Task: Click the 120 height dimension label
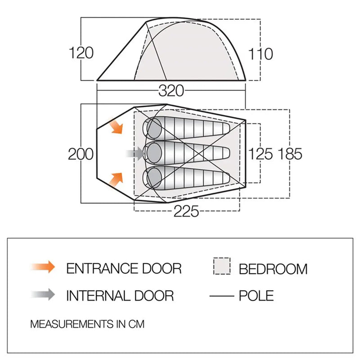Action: click(x=81, y=53)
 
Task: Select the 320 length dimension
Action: click(x=171, y=91)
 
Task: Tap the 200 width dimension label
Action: click(x=81, y=154)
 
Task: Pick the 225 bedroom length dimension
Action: click(x=186, y=211)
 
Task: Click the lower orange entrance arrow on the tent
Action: click(x=116, y=180)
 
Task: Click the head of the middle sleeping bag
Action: click(x=153, y=153)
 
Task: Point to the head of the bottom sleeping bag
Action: click(x=153, y=177)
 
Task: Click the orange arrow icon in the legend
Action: click(x=43, y=267)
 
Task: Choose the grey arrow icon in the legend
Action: click(x=43, y=295)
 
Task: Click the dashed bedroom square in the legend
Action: click(x=221, y=266)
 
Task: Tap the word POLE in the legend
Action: click(x=256, y=295)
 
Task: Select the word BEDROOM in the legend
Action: click(x=273, y=269)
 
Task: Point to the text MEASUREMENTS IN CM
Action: click(x=87, y=324)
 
